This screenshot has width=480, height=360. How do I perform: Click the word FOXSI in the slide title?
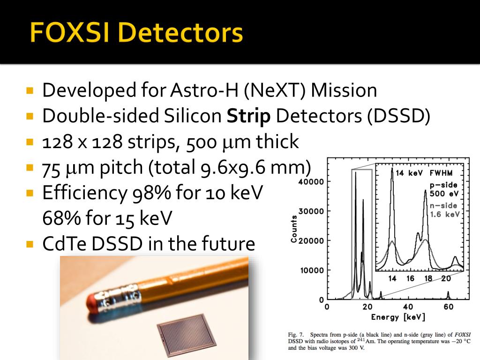[72, 33]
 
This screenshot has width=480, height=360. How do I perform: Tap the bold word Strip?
[249, 116]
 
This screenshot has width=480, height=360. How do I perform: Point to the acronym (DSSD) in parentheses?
[398, 116]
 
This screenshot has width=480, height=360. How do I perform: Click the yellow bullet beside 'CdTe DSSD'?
[30, 244]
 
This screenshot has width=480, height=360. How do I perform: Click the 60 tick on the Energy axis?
[449, 307]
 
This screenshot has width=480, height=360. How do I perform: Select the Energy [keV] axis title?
[398, 317]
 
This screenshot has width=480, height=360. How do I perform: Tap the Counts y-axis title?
[294, 229]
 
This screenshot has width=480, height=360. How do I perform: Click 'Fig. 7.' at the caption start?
[295, 335]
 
